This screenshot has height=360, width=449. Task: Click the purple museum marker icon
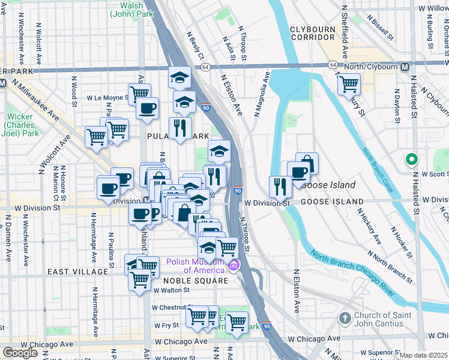(x=235, y=265)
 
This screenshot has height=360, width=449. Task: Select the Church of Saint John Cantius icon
(x=345, y=317)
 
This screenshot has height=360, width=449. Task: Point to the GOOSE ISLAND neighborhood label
(x=332, y=202)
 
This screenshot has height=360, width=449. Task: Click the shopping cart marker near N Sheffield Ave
(x=348, y=85)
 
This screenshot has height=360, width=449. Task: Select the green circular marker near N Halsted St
(x=411, y=160)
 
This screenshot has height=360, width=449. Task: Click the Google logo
(x=20, y=352)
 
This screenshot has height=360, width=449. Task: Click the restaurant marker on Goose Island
(x=280, y=187)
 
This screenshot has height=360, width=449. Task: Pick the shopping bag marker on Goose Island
(x=307, y=163)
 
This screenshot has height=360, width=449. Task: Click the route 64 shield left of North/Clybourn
(x=333, y=65)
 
